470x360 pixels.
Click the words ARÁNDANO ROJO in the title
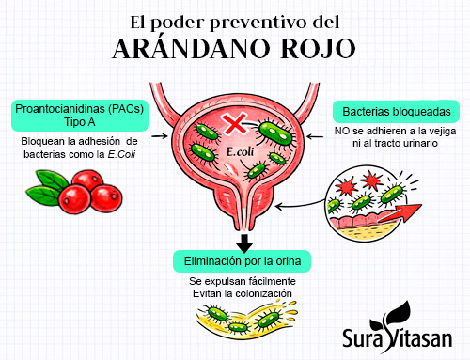click(234, 48)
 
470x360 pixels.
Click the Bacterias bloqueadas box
click(396, 112)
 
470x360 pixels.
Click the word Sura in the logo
click(362, 338)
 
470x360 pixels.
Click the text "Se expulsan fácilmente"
click(242, 281)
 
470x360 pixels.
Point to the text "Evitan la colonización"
click(242, 293)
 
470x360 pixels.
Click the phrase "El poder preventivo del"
click(235, 20)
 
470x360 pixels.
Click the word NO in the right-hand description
click(341, 133)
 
